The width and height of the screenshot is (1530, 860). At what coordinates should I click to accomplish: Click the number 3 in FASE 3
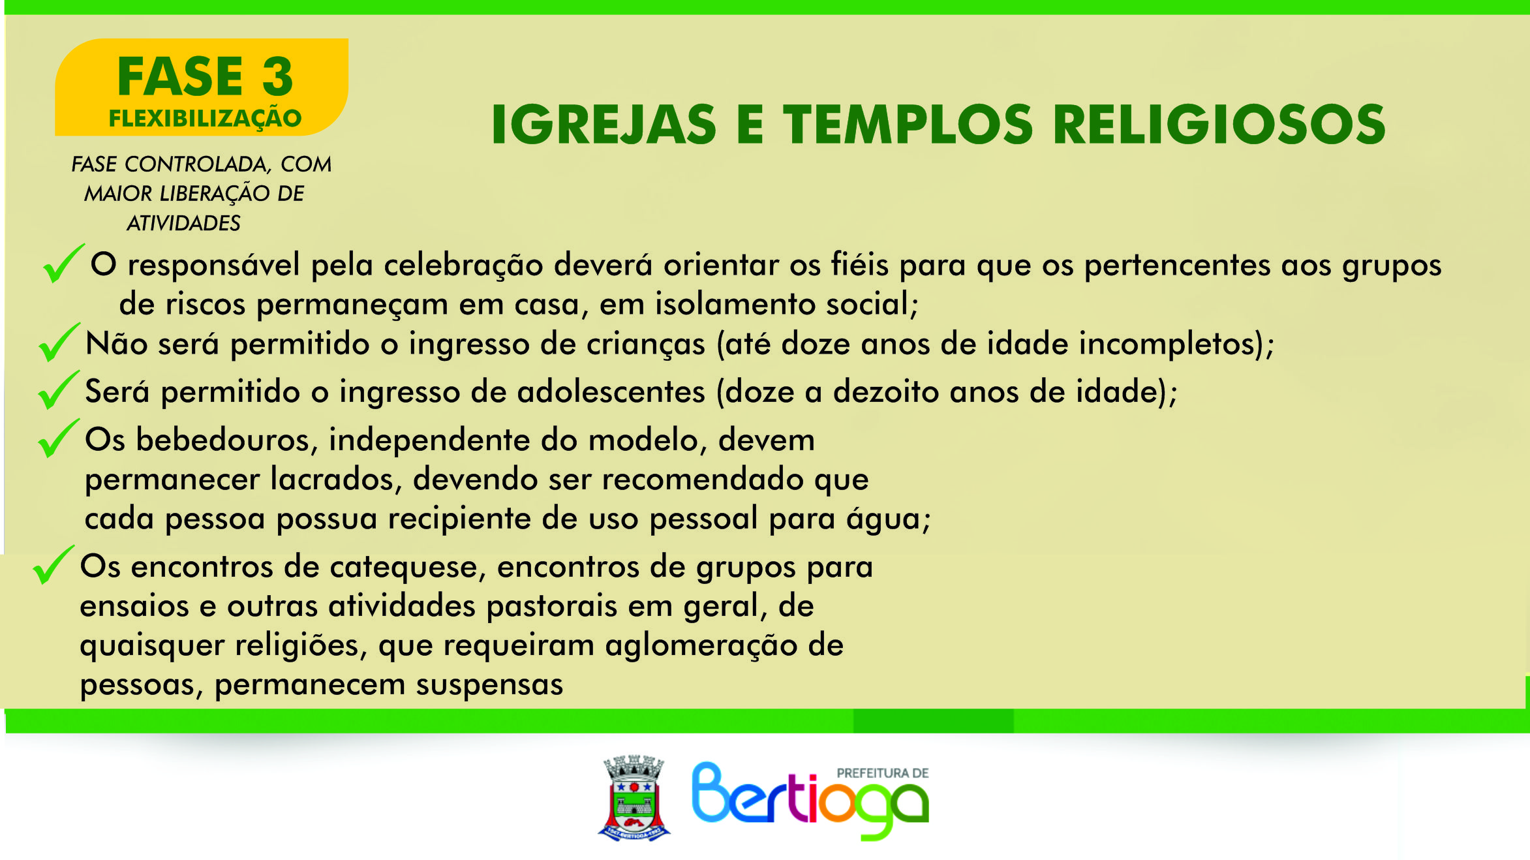point(278,77)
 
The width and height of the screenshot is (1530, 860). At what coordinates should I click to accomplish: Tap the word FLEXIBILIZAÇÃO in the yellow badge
point(205,119)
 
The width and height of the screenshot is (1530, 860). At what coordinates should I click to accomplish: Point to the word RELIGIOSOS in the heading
point(1219,125)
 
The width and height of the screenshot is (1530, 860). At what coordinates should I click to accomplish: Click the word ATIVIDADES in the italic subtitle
point(183,223)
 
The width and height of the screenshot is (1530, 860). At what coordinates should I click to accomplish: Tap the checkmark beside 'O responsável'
point(63,263)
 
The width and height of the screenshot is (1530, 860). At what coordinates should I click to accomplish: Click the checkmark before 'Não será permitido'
point(59,342)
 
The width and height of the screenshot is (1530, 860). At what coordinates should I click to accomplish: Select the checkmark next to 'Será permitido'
point(59,390)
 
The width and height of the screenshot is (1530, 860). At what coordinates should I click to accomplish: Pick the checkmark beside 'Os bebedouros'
point(59,438)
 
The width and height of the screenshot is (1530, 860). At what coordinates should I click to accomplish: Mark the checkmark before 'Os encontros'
point(54,564)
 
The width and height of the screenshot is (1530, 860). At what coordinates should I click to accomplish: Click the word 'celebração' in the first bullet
point(463,266)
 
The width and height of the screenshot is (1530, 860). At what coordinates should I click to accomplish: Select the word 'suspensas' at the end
point(489,685)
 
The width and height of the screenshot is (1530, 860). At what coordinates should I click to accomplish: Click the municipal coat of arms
point(634,798)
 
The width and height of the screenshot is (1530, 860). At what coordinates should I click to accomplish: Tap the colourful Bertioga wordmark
point(810,801)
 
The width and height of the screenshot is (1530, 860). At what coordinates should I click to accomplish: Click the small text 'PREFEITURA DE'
point(883,773)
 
